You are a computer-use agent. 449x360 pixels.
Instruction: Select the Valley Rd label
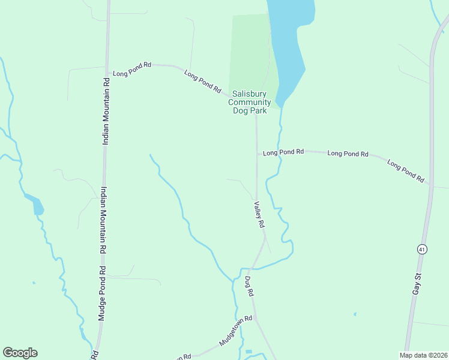click(x=259, y=214)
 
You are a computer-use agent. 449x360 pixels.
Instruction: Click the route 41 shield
click(x=422, y=249)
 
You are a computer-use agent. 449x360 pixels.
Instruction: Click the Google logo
click(x=20, y=353)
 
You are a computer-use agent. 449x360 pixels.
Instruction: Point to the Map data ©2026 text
click(x=423, y=355)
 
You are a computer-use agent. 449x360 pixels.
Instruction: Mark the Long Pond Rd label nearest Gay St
click(x=406, y=171)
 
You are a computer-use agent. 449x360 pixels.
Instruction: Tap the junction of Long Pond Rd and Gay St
click(x=432, y=185)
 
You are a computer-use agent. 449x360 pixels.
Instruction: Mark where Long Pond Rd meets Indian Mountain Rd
click(x=107, y=67)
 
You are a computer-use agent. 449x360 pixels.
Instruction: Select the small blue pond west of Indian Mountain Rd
click(x=37, y=205)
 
